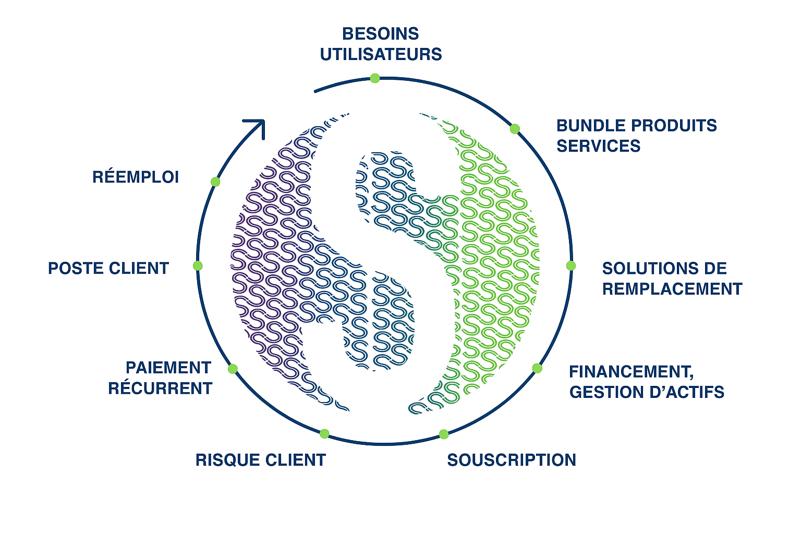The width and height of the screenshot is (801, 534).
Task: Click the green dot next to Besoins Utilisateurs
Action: point(375,78)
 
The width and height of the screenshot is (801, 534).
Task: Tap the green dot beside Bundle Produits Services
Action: point(515,129)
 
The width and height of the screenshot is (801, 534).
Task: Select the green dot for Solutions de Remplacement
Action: point(571,265)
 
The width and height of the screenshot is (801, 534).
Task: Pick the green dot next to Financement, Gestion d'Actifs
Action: point(537,368)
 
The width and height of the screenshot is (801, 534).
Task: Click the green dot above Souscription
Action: point(444,434)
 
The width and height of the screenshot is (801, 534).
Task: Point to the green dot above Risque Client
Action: point(324,434)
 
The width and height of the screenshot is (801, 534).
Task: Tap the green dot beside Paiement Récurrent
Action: point(233,369)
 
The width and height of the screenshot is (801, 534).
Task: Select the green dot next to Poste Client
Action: point(198,266)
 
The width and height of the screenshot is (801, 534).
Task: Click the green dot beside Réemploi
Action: point(215,181)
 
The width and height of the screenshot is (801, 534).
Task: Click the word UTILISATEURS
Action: point(381,54)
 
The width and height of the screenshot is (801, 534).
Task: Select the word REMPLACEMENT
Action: point(672,289)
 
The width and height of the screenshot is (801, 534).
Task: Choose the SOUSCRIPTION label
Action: point(512,460)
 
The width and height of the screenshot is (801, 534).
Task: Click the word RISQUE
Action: point(224,460)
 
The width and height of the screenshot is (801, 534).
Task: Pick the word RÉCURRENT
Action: point(160,389)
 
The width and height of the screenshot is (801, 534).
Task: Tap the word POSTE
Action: point(76,268)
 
